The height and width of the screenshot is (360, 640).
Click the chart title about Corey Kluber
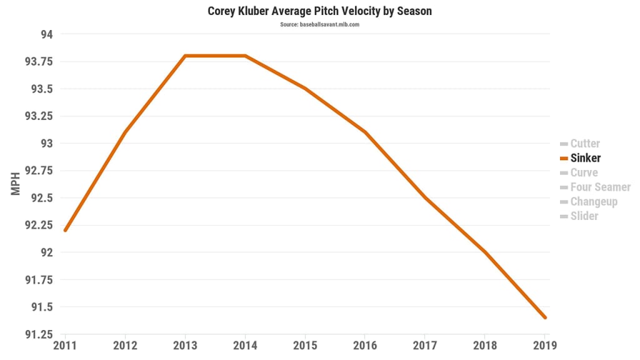[319, 11]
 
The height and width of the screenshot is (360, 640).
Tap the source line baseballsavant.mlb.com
[319, 25]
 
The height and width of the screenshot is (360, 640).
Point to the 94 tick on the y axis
[47, 34]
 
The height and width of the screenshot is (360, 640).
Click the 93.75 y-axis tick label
[39, 61]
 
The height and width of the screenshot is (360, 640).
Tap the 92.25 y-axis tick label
[39, 225]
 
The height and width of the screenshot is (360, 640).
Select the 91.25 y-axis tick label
[39, 334]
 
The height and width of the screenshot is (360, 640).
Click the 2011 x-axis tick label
[65, 344]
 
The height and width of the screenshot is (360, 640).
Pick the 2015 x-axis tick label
[305, 344]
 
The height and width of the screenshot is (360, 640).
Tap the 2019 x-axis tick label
[544, 344]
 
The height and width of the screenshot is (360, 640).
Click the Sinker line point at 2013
[185, 56]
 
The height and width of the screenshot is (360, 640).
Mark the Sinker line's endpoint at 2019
[545, 317]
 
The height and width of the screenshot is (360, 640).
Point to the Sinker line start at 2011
[65, 231]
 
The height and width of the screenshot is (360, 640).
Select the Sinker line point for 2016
[365, 132]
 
